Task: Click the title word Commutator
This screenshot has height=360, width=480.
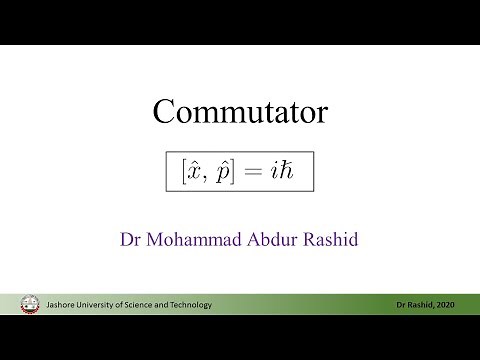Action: (x=239, y=111)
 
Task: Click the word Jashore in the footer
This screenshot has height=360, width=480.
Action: (x=63, y=304)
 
